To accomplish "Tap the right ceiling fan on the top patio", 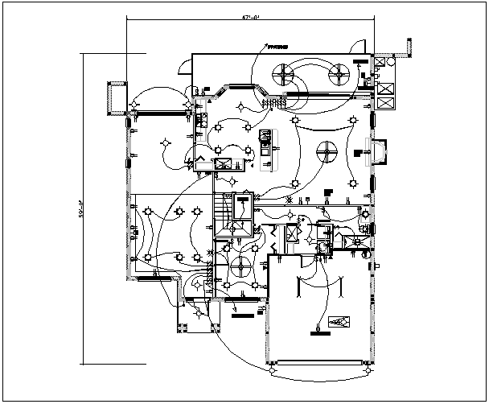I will point(338,75).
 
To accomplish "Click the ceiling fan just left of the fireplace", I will point(327,150).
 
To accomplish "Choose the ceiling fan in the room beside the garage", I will point(240,265).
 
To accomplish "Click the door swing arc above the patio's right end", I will point(360,45).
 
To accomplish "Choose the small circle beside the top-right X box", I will point(392,61).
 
